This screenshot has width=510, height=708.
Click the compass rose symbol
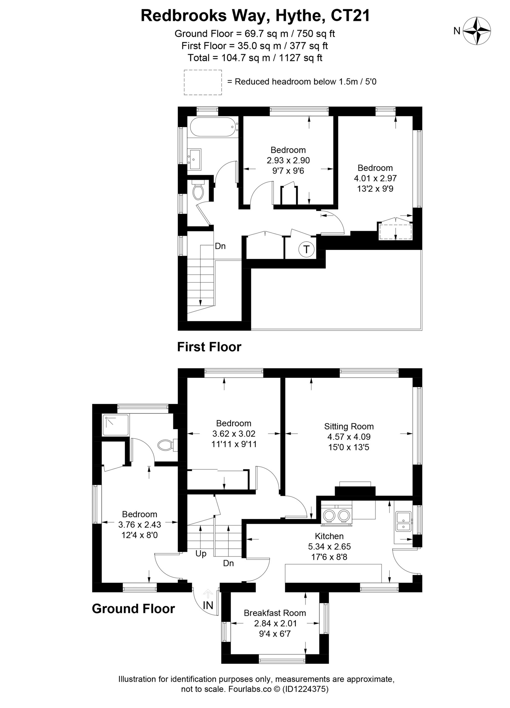pos(477,31)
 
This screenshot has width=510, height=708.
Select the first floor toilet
pos(198,190)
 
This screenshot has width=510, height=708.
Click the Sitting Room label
pos(349,426)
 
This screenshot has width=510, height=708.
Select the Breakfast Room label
pos(275,613)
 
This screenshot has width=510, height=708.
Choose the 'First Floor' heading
pos(209,347)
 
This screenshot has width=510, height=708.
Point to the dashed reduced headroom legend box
pos(203,82)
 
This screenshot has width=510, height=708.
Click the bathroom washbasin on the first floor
pos(194,159)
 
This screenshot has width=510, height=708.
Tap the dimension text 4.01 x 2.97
pos(375,178)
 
